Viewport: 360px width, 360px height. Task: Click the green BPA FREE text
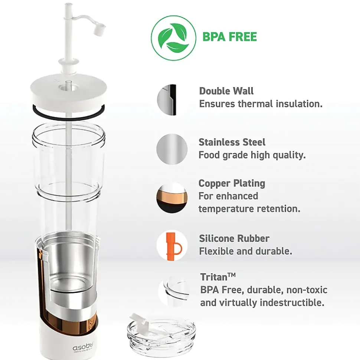(229, 37)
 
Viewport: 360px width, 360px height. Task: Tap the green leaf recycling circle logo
(174, 38)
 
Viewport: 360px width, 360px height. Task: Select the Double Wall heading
(226, 91)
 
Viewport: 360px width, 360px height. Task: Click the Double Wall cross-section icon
(167, 100)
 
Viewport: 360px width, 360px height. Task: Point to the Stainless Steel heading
(232, 142)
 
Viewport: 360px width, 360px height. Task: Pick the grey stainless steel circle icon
(172, 149)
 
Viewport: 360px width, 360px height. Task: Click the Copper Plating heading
(232, 183)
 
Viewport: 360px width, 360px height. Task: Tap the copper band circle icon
(172, 198)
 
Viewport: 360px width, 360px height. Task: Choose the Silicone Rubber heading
(234, 238)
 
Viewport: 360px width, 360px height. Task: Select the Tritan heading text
(217, 277)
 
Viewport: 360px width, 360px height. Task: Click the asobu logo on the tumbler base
(83, 347)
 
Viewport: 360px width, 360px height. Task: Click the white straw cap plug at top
(99, 30)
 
